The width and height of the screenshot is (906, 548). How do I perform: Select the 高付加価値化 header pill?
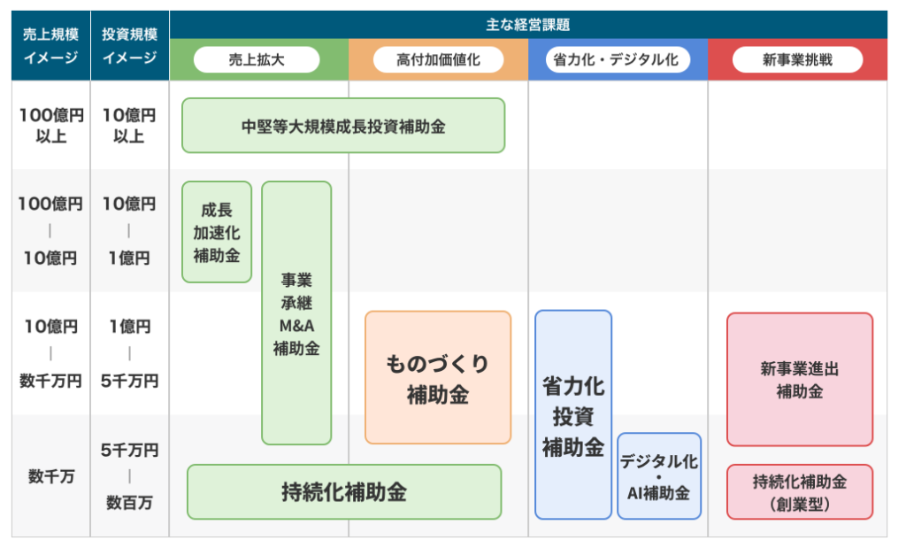[438, 60]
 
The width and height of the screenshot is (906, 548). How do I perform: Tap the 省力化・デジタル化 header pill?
[617, 60]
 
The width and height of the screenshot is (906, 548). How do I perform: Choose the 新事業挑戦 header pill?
[797, 60]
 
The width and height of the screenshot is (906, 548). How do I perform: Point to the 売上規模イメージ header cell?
[50, 46]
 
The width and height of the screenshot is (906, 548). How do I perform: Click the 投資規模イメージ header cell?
[129, 46]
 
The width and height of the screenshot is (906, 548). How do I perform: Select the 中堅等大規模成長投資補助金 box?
[343, 126]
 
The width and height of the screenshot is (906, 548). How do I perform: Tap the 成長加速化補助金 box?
[217, 232]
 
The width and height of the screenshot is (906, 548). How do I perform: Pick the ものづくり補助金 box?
[438, 378]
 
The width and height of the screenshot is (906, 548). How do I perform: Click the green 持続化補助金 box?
[344, 491]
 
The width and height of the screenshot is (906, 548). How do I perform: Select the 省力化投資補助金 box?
[573, 414]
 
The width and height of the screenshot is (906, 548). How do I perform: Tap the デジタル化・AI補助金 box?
[659, 476]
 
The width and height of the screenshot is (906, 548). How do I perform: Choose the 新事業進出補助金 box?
[800, 380]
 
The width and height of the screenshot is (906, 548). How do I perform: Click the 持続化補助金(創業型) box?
[800, 492]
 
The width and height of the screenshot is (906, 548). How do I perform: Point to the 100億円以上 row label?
[50, 126]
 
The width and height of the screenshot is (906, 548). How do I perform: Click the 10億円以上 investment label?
[129, 126]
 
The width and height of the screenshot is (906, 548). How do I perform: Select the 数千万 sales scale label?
[50, 476]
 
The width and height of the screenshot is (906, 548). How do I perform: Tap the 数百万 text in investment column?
[129, 503]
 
